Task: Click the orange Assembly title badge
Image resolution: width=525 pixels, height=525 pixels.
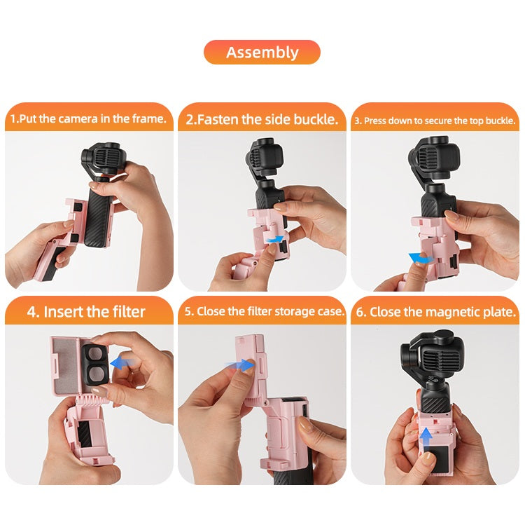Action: click(x=262, y=53)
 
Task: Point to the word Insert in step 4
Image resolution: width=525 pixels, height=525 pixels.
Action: click(x=63, y=312)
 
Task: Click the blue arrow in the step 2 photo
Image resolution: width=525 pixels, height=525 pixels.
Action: click(x=275, y=239)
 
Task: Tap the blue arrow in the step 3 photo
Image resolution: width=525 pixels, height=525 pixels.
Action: click(x=421, y=258)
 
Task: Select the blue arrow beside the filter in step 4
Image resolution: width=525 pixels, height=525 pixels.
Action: click(x=122, y=363)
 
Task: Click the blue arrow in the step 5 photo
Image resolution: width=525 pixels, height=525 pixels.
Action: click(x=241, y=365)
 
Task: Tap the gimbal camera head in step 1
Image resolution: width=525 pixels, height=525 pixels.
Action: click(x=104, y=158)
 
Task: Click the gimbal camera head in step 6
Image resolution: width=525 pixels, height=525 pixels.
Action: click(x=433, y=356)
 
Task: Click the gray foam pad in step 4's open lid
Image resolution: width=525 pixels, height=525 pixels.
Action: click(x=66, y=367)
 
